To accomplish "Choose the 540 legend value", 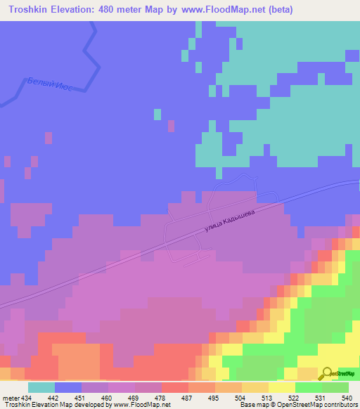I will [346, 397].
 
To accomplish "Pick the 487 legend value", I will [188, 397].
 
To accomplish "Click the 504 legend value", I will [240, 397].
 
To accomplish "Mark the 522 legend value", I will [293, 397].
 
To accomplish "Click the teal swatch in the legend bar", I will [41, 387].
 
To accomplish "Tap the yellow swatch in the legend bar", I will [281, 387].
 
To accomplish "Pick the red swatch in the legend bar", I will [174, 387].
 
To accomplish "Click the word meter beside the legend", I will [11, 397].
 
